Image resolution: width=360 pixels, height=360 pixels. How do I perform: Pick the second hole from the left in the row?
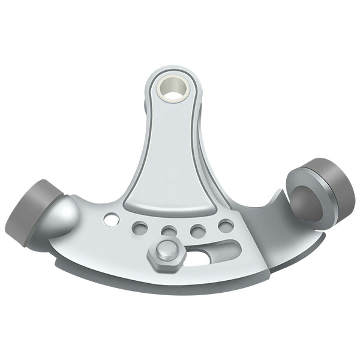point(140,228)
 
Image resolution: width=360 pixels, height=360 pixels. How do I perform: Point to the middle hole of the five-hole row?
point(169,232)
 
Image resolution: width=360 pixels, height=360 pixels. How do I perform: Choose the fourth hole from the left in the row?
point(198,230)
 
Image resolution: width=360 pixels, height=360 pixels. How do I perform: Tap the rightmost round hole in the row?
point(226,226)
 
